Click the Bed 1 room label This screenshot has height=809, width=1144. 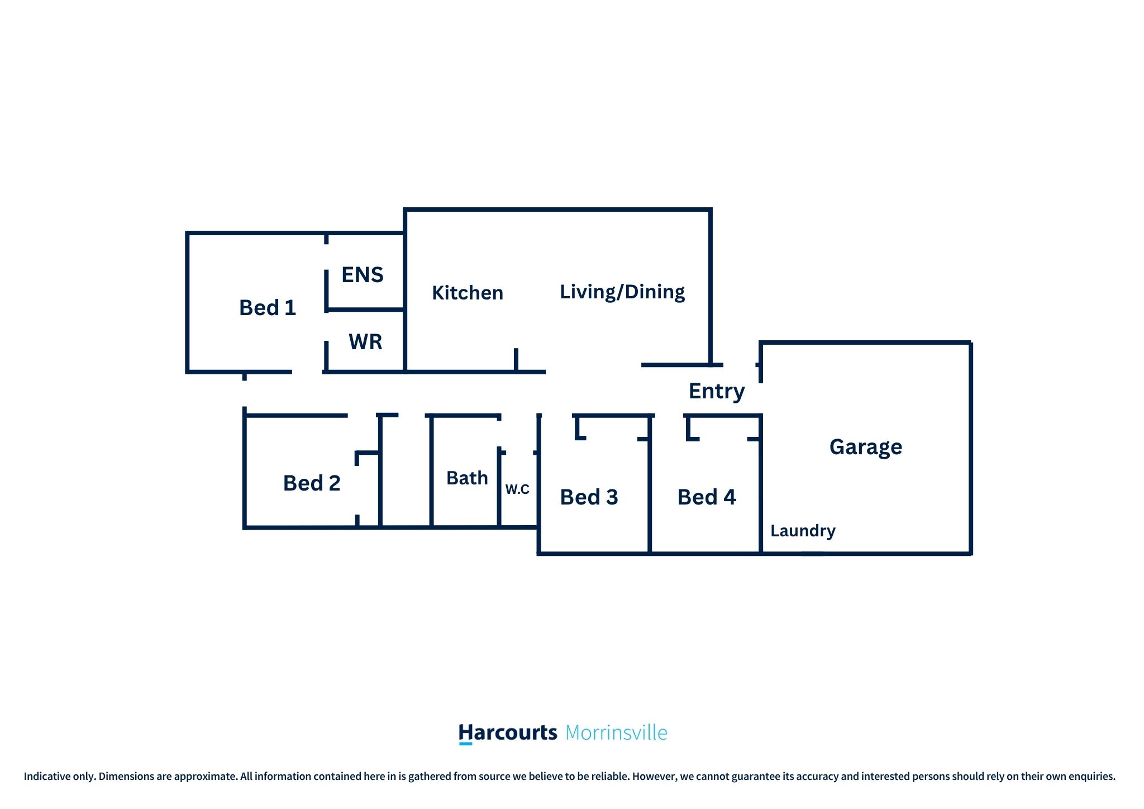tap(267, 308)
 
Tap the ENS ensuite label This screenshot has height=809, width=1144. tap(363, 275)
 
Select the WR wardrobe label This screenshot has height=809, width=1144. tap(365, 342)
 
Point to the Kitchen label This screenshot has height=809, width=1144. tap(468, 293)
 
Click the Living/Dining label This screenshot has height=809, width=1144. tap(622, 292)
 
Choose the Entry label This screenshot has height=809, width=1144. tap(717, 391)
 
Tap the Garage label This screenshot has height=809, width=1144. tap(866, 447)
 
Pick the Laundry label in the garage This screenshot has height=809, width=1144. tap(803, 531)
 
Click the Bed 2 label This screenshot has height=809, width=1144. tap(312, 483)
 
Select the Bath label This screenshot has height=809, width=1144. tap(467, 478)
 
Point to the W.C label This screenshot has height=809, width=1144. tap(517, 489)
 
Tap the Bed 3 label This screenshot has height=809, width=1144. tap(589, 497)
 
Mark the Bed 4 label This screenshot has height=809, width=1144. tap(707, 497)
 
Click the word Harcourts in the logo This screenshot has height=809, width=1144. tap(508, 732)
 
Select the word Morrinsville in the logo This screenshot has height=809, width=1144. tap(616, 732)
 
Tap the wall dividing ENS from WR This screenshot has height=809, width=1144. tap(365, 309)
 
